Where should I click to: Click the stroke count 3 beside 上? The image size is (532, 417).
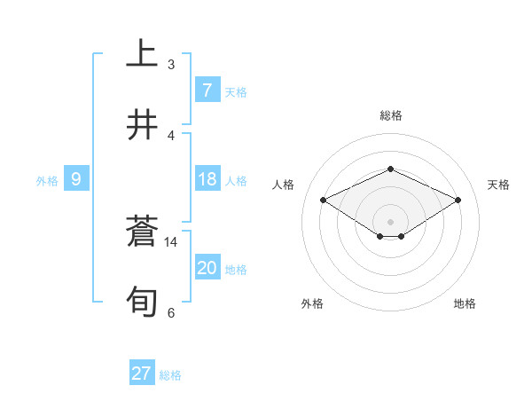[x=170, y=65]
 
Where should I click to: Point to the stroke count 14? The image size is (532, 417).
[x=171, y=241]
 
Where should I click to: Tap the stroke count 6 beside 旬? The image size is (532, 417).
[x=170, y=312]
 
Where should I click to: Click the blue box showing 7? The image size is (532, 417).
[x=207, y=90]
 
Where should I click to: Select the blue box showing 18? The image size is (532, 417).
[x=207, y=179]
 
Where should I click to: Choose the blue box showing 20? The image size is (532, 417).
[x=207, y=268]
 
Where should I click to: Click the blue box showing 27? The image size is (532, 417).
[x=142, y=374]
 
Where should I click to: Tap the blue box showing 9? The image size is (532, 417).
[x=76, y=179]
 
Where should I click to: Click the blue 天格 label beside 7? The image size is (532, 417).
[x=236, y=92]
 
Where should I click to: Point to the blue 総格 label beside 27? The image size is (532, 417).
[x=170, y=375]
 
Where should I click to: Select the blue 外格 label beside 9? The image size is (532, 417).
[x=47, y=181]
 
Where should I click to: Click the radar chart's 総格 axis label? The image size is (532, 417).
[x=390, y=115]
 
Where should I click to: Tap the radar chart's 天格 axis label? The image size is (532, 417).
[x=498, y=185]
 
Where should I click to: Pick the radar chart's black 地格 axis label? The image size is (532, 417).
[x=465, y=303]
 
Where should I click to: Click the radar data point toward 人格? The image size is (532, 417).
[x=324, y=200]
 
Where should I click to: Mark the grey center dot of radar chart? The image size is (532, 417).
[x=390, y=221]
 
